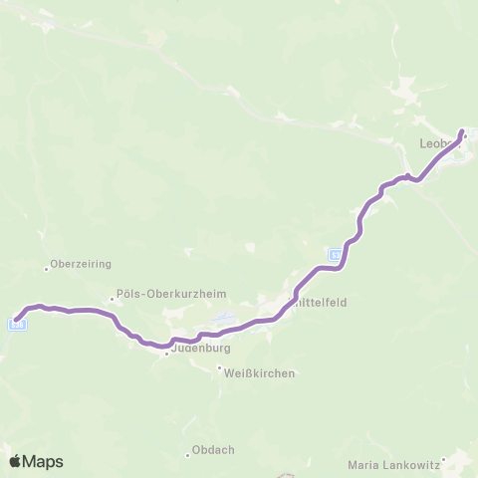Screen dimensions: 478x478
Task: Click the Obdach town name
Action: tap(213, 450)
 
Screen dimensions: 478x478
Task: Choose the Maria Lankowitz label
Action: tap(394, 464)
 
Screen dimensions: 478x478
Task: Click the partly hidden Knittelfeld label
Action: tap(319, 303)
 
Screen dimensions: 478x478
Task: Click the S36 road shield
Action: tap(17, 323)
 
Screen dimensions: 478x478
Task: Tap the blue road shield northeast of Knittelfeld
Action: tap(337, 255)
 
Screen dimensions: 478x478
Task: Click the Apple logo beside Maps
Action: tap(15, 461)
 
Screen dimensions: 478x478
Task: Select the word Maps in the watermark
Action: tap(43, 462)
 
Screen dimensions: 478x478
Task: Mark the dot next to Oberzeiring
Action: tap(46, 267)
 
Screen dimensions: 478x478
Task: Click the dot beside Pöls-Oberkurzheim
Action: tap(112, 295)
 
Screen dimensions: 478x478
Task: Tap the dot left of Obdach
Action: tap(187, 454)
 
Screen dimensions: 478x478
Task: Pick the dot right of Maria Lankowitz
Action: tap(445, 460)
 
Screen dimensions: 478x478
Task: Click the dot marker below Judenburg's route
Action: tap(166, 353)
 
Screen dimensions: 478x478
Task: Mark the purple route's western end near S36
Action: tap(17, 320)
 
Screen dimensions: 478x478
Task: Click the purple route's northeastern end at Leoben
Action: tap(462, 131)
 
